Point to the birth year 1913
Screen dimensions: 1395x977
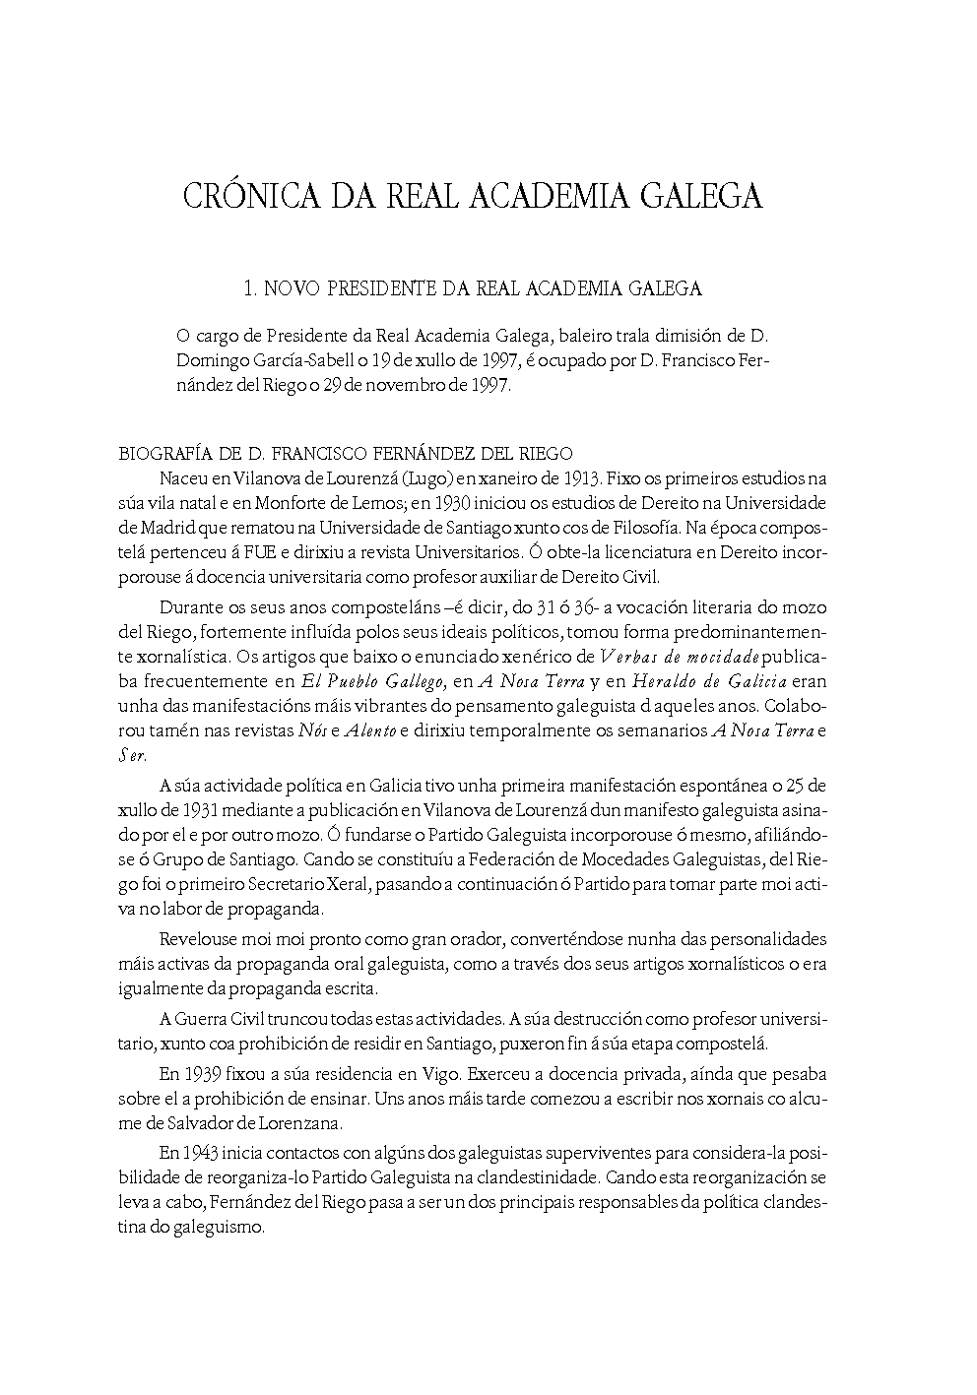(582, 479)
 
